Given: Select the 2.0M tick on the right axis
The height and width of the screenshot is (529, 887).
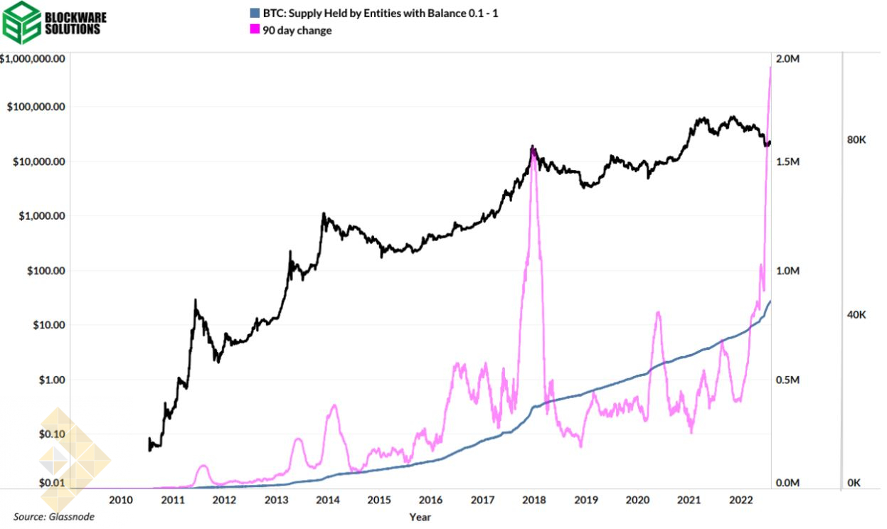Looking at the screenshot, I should click(787, 58).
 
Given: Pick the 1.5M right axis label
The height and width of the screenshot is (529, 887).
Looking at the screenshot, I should click(787, 162).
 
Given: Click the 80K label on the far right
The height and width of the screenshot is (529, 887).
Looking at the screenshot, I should click(856, 140).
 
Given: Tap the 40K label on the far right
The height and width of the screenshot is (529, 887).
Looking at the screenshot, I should click(856, 314).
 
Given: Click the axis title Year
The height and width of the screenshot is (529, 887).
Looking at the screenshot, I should click(420, 517).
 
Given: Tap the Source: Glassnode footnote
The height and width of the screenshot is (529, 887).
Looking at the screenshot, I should click(53, 517).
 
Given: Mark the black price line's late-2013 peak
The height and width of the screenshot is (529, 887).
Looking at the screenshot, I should click(324, 213).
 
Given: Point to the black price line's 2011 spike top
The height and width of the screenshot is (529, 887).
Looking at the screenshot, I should click(195, 301).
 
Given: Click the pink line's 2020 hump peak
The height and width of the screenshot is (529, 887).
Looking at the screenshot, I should click(658, 312).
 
